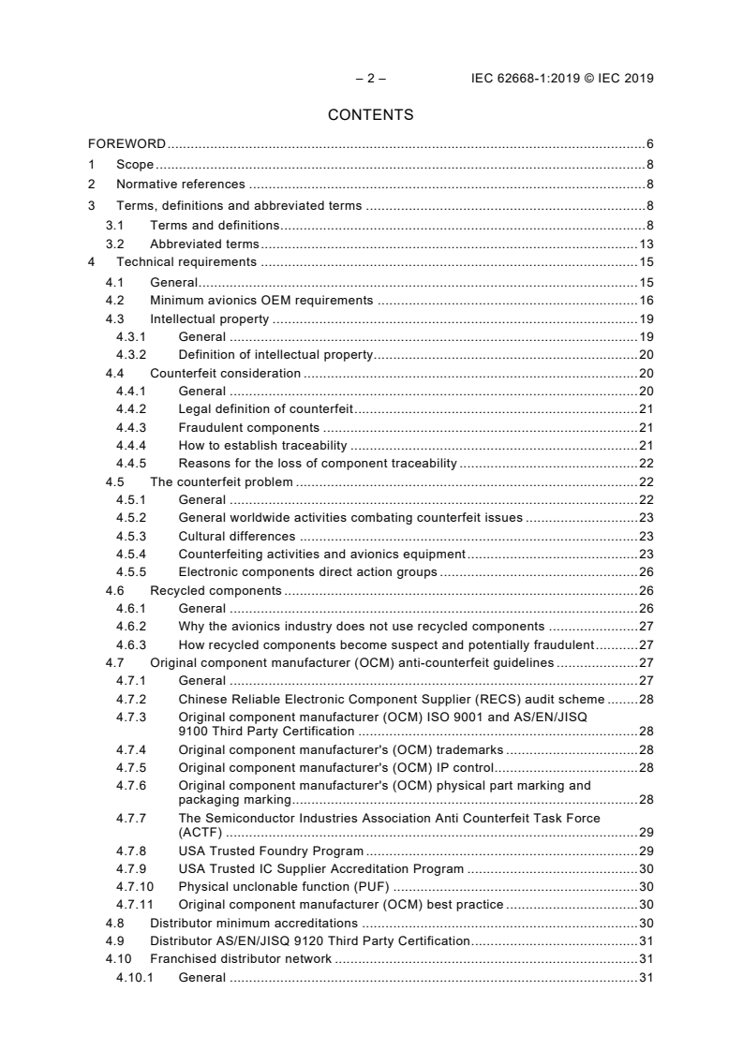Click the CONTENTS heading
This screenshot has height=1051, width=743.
[x=371, y=115]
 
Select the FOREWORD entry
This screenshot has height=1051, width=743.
[x=126, y=144]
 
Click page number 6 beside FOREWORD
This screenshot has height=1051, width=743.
[x=649, y=144]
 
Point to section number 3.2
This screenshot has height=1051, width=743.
[x=115, y=244]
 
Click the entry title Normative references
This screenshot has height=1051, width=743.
[x=180, y=185]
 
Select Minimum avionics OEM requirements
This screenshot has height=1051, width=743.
[x=261, y=301]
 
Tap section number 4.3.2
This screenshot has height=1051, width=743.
[x=131, y=354]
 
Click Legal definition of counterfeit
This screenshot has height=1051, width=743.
[x=263, y=409]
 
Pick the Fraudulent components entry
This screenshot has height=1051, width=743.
[x=248, y=427]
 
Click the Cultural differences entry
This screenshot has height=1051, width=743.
[x=236, y=536]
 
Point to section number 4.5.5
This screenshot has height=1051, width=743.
[x=131, y=571]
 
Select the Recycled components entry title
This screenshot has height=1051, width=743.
[x=215, y=590]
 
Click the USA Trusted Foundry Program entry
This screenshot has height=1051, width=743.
[x=271, y=851]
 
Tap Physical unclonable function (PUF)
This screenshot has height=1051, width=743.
[x=283, y=886]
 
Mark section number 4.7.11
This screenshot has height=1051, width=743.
[x=134, y=904]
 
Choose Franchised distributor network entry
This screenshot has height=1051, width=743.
[x=241, y=959]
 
